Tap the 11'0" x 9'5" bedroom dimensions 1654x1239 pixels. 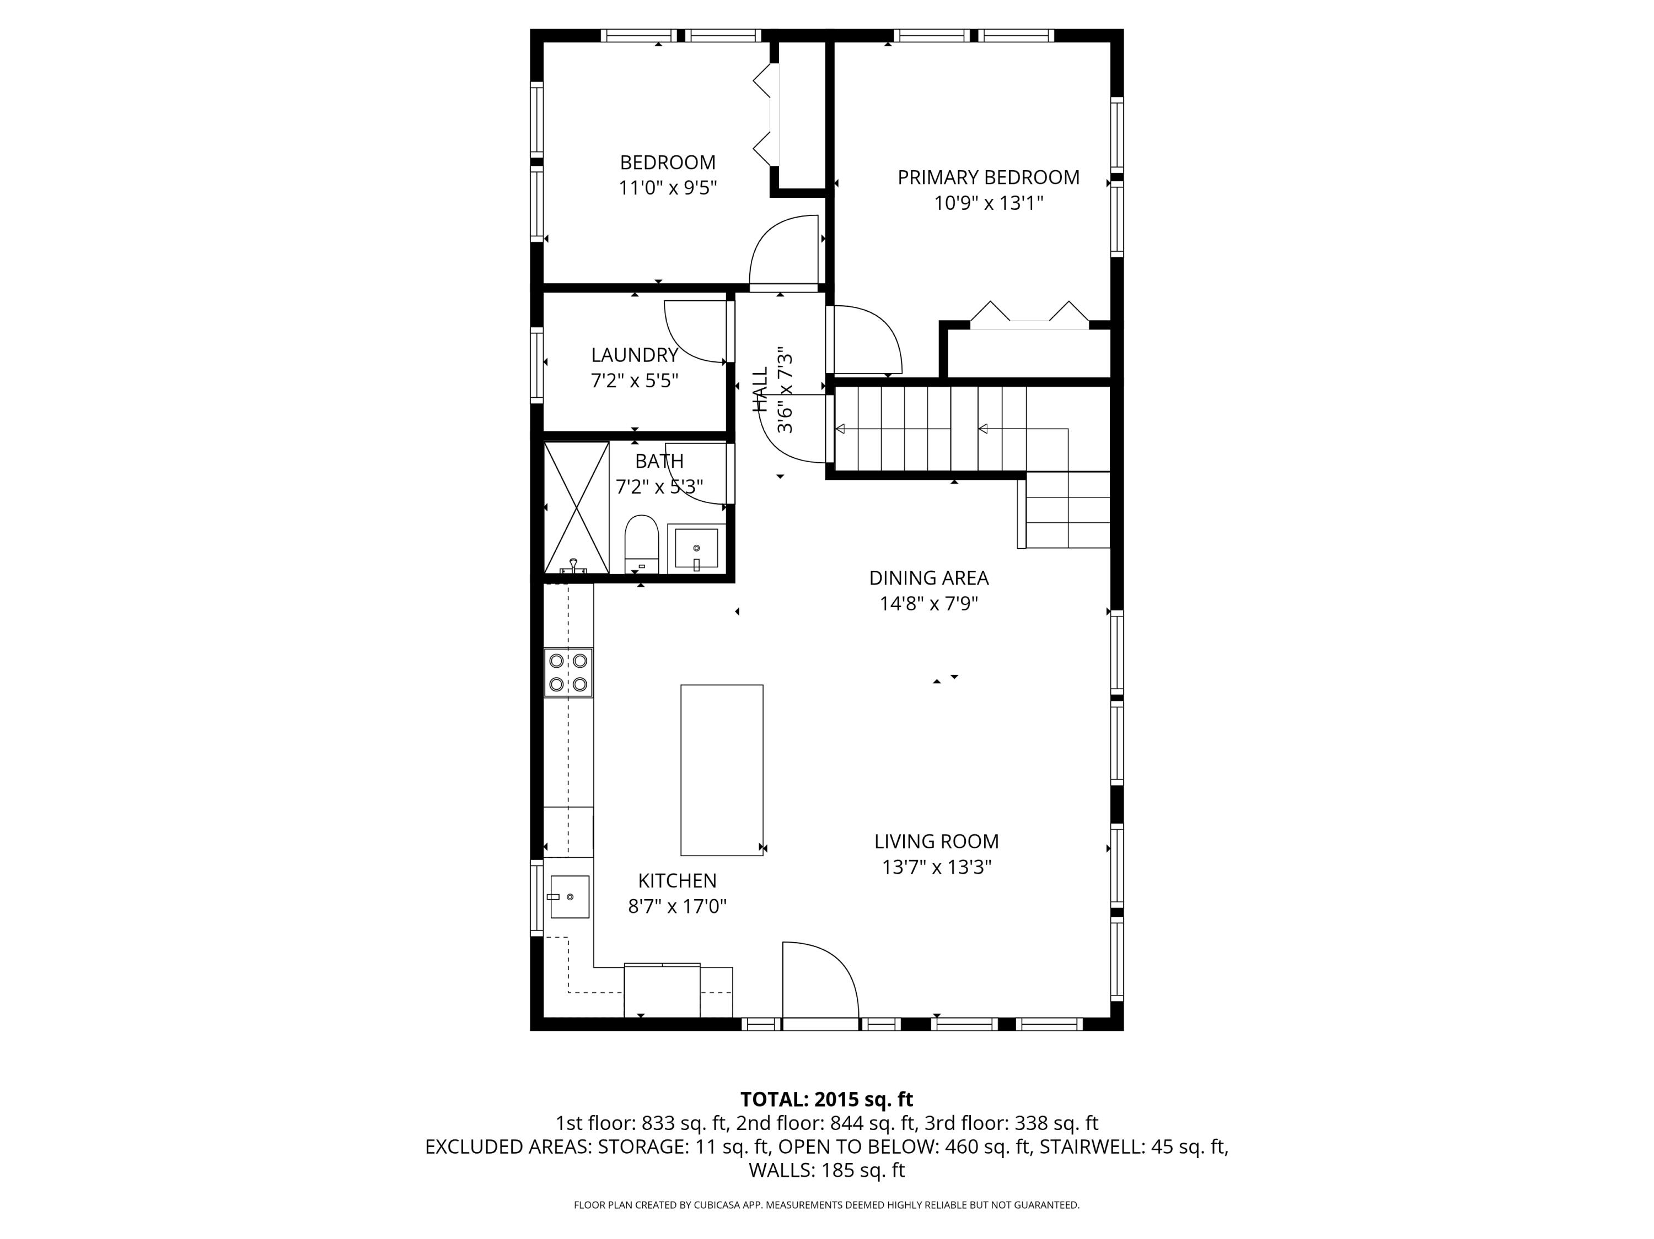(x=667, y=187)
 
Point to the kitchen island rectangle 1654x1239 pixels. (x=722, y=770)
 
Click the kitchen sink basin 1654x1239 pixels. (x=570, y=897)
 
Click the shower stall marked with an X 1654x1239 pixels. (x=576, y=507)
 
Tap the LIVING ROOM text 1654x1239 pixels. (x=936, y=841)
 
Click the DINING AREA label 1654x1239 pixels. (x=928, y=578)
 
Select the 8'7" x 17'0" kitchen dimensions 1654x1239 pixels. (x=676, y=906)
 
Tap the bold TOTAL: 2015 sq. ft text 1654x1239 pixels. (x=826, y=1099)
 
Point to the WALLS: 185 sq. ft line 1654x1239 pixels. (x=826, y=1170)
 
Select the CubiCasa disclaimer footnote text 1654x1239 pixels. (x=826, y=1205)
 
